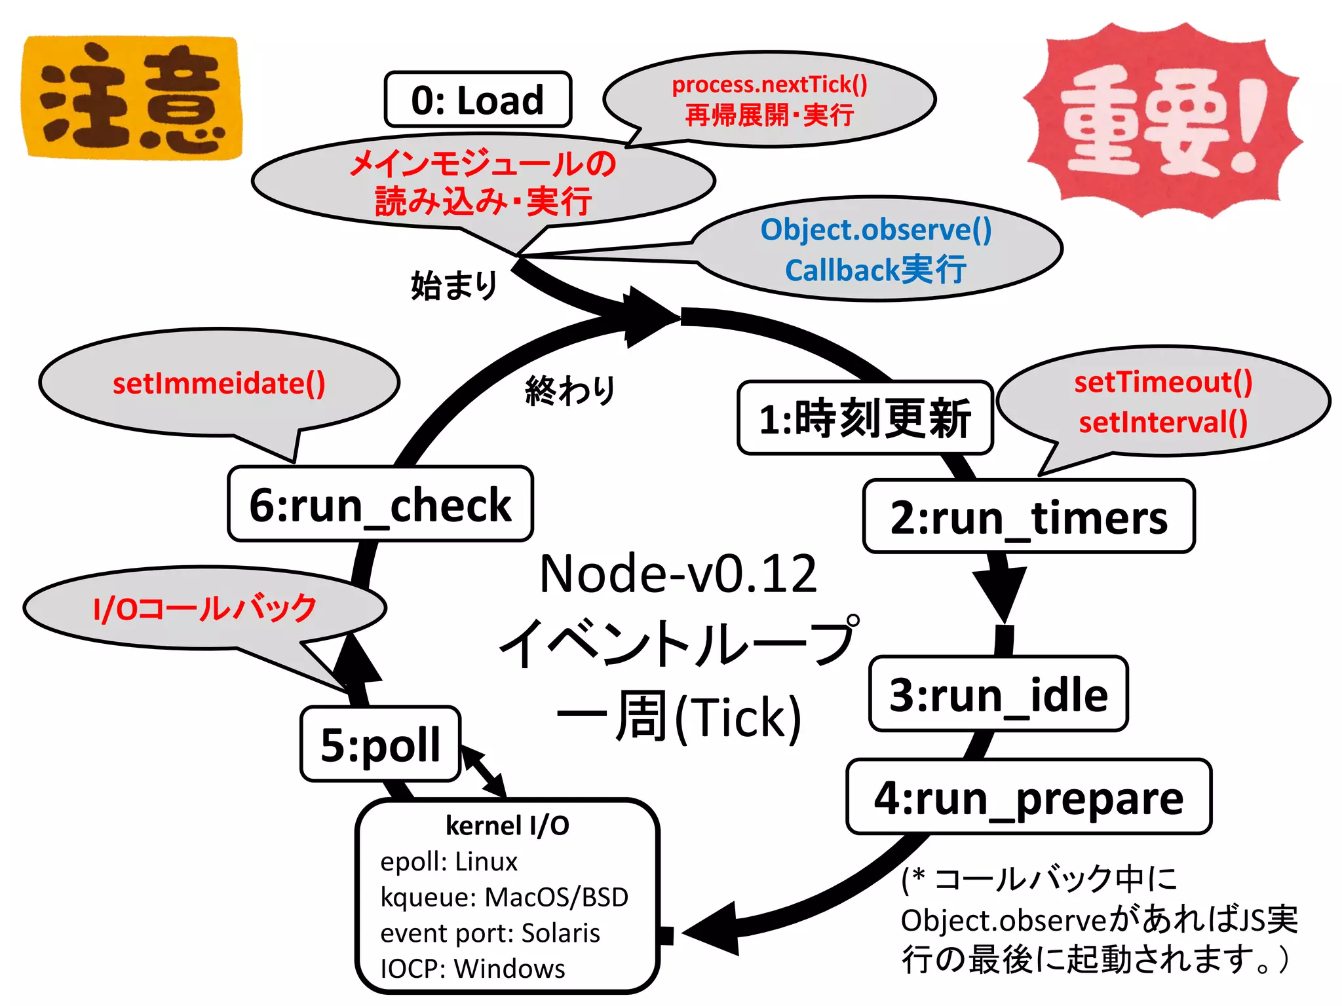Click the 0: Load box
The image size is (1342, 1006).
(478, 100)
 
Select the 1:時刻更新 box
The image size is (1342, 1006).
(865, 418)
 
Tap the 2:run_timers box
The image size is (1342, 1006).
(1029, 517)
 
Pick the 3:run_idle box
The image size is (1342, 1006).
(998, 694)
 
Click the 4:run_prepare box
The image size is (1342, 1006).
(1029, 797)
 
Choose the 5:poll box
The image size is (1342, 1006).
(380, 744)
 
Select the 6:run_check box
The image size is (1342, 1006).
(380, 504)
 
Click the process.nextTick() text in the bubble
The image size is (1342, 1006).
(769, 84)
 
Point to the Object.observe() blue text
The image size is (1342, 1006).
(876, 230)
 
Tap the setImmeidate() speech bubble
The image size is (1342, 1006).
(219, 384)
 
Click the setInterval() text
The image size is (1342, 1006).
(1163, 422)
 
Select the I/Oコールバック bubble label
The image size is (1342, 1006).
(205, 608)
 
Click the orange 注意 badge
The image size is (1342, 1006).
(131, 98)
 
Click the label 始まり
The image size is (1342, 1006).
(454, 286)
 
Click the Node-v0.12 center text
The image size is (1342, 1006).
(678, 574)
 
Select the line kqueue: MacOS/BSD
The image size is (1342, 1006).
(504, 897)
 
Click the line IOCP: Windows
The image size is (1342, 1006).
(472, 968)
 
